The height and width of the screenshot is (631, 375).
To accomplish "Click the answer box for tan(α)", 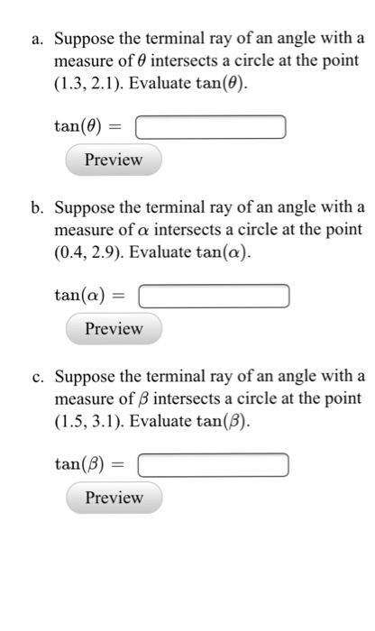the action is pos(214,295).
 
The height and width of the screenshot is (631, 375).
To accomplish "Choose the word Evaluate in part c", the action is pos(164,419).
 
